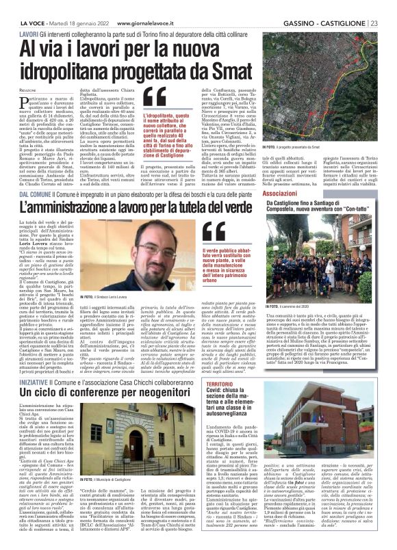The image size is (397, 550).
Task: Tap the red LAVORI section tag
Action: click(x=29, y=15)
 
